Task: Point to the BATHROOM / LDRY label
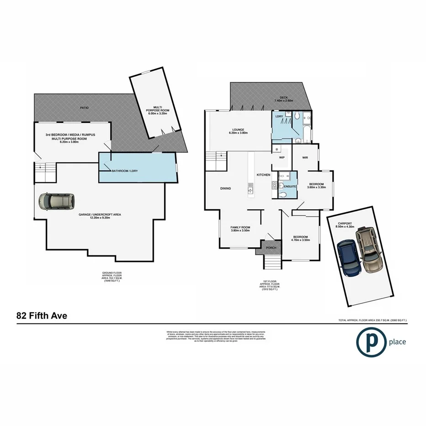(x=125, y=171)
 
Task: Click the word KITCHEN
(x=263, y=175)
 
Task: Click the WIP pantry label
(x=282, y=157)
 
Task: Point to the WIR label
(x=306, y=157)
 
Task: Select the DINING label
(x=225, y=188)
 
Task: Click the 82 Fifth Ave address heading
(x=42, y=315)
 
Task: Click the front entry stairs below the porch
(x=271, y=262)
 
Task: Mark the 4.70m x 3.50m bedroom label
(x=301, y=238)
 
